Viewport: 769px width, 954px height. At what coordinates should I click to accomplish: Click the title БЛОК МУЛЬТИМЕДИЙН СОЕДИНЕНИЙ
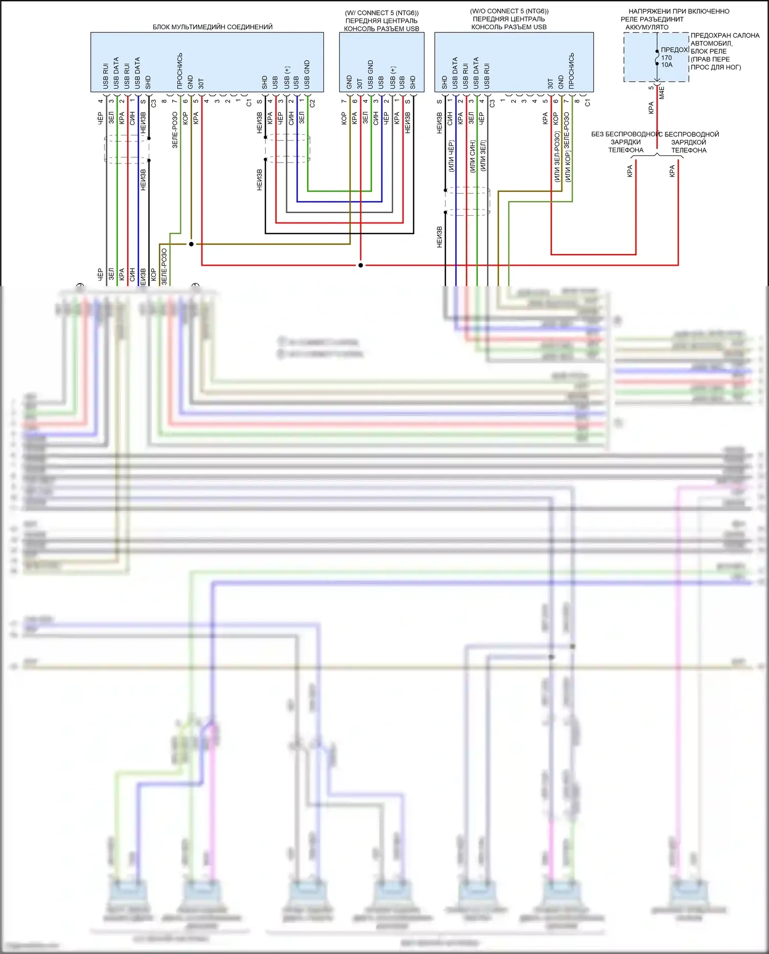212,27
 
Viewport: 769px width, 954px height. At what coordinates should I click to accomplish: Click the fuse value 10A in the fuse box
666,65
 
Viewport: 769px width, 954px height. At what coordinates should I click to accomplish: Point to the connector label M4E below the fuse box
662,93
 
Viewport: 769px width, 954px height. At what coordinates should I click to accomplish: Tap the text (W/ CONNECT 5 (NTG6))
381,13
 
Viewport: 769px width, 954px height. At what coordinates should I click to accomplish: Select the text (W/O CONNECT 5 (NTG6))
509,11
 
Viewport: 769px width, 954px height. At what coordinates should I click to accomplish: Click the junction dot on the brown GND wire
191,244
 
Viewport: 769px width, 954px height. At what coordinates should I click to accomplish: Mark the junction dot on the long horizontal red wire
360,265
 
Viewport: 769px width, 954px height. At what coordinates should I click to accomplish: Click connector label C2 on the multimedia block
312,103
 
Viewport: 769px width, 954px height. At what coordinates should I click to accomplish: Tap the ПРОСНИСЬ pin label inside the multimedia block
180,71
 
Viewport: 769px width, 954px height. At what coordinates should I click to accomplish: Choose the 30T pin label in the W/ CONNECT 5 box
360,84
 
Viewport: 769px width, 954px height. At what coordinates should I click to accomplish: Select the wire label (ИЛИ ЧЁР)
451,156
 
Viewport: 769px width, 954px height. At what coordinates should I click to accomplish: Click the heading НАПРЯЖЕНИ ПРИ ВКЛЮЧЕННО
679,11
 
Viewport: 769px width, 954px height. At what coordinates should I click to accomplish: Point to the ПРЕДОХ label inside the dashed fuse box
674,50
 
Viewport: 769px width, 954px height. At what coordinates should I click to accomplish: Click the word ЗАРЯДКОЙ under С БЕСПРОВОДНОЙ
689,143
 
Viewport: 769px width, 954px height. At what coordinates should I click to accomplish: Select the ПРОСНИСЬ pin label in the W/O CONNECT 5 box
572,69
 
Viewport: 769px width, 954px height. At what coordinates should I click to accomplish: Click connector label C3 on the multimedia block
154,103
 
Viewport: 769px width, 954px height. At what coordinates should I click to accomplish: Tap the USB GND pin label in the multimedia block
307,74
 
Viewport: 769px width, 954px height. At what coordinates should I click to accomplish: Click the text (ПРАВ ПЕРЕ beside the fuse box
710,59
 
